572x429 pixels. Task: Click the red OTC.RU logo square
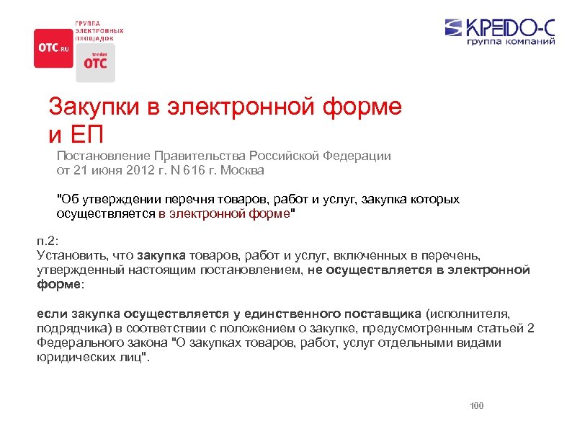point(53,48)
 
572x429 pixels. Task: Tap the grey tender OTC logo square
point(95,62)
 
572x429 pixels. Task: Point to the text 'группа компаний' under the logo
point(511,42)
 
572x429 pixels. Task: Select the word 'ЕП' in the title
point(88,133)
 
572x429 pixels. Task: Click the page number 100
point(476,406)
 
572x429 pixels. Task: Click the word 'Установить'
point(66,255)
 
